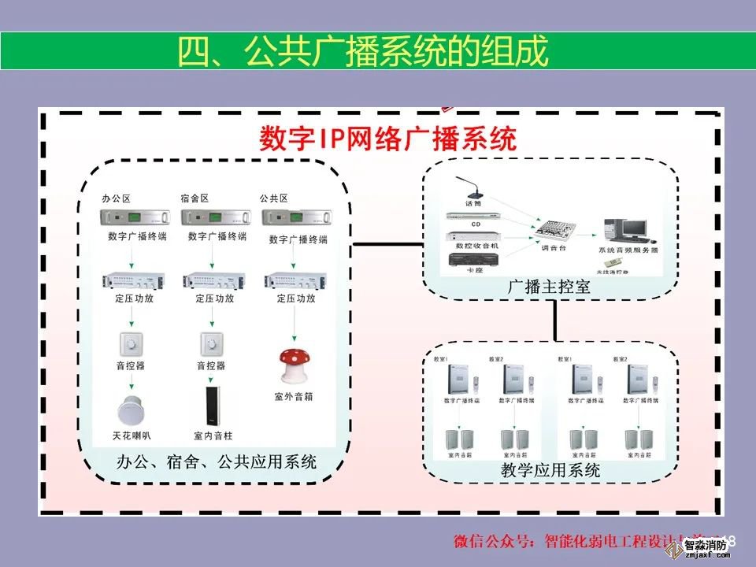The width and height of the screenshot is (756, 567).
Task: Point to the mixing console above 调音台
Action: [552, 231]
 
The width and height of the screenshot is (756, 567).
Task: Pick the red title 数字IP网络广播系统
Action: [387, 139]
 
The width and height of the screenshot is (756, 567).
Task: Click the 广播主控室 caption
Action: [550, 287]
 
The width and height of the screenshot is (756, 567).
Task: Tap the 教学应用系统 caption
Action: [550, 471]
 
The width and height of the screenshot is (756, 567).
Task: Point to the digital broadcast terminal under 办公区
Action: [134, 217]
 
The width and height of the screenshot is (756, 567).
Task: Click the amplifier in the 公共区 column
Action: [295, 280]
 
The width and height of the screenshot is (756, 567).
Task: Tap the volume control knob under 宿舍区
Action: [210, 343]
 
